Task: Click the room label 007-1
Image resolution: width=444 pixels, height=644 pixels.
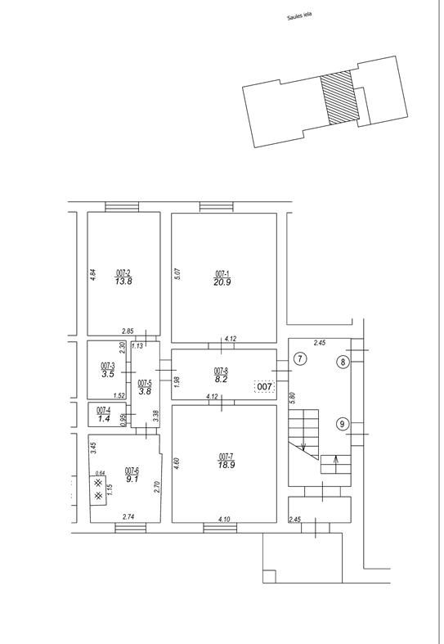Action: point(222,273)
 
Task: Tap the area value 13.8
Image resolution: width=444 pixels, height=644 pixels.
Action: point(123,281)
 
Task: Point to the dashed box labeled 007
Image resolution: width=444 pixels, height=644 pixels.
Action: point(264,386)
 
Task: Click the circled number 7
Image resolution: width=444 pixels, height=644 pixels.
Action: point(300,359)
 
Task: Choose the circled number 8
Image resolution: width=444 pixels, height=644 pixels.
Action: point(343,362)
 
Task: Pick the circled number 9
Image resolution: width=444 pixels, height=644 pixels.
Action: point(343,424)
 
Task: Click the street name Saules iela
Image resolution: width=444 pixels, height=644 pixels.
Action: point(299,16)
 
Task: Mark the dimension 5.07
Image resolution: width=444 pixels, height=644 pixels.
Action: point(177,274)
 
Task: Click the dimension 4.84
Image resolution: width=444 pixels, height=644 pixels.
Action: point(92,274)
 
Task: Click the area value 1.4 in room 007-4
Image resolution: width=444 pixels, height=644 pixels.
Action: point(104,419)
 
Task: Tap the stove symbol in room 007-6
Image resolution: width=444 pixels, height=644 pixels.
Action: point(98,490)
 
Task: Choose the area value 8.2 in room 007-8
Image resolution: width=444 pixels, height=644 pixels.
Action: point(221,380)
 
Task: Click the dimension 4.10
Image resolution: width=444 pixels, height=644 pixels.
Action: point(224,519)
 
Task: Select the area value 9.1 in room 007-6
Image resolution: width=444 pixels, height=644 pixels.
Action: point(132,479)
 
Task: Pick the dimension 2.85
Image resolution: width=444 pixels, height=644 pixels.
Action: point(128,331)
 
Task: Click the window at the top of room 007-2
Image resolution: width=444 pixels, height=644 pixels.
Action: point(122,206)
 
